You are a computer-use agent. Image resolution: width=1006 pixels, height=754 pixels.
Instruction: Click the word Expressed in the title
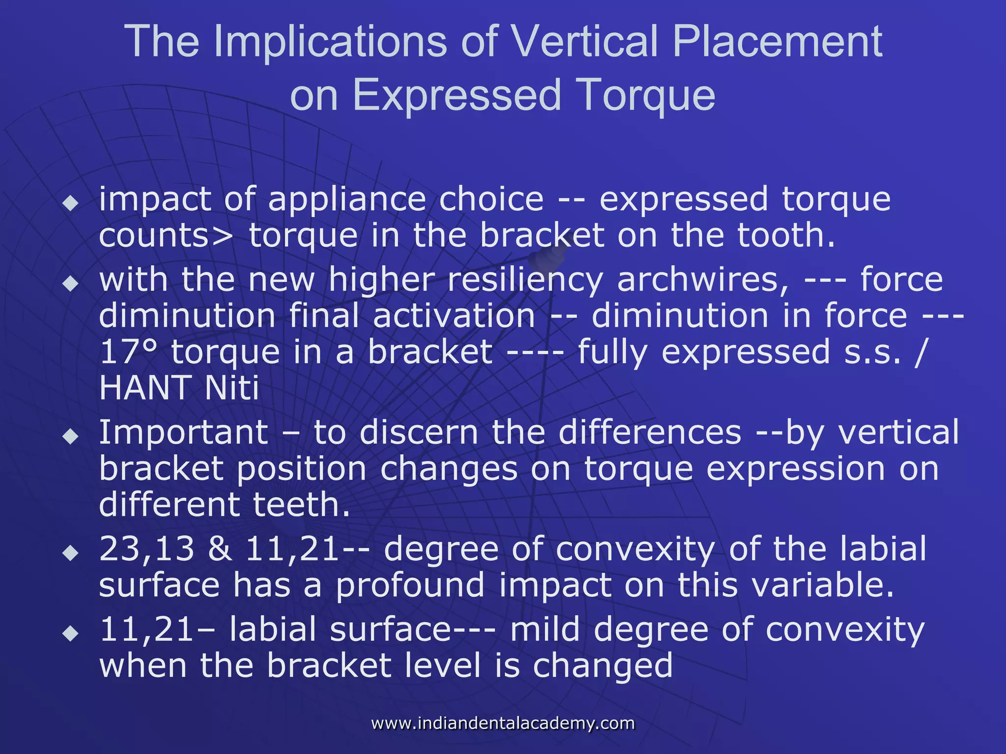457,96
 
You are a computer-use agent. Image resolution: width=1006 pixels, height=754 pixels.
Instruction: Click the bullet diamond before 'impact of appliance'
71,203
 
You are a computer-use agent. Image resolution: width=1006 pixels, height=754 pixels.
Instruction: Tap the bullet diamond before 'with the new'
71,283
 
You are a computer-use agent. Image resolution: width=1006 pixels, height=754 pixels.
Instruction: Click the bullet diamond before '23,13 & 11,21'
71,553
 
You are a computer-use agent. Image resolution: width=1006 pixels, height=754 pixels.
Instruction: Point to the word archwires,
703,280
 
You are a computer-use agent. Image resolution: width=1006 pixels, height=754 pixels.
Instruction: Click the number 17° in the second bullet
129,352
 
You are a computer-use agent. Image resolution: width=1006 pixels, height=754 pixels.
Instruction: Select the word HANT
145,388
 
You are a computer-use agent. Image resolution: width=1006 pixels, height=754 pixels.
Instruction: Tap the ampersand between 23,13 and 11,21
220,549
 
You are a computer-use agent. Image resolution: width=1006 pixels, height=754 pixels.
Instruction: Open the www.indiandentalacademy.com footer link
503,724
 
